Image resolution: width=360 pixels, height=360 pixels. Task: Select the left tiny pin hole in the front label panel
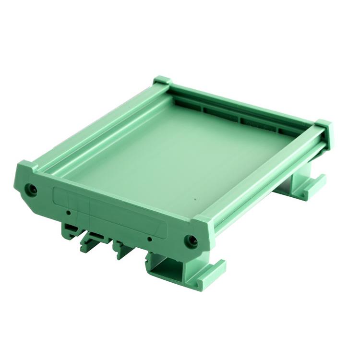pyautogui.click(x=69, y=212)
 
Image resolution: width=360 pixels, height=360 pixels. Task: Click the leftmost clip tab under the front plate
pyautogui.click(x=70, y=230)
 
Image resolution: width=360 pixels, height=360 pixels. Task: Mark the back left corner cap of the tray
pyautogui.click(x=162, y=82)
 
